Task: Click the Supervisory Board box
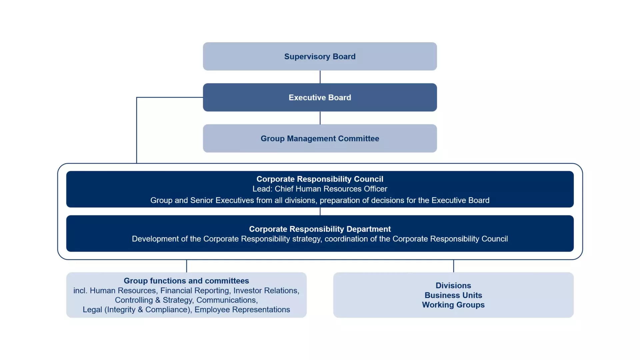point(320,56)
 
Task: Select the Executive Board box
point(320,97)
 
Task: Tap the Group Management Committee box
point(320,138)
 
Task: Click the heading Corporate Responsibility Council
point(320,179)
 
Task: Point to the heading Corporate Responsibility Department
point(320,229)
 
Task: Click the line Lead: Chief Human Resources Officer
point(320,189)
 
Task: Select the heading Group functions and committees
point(186,281)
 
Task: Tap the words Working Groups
point(453,305)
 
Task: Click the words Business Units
point(453,295)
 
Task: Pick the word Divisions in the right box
point(453,285)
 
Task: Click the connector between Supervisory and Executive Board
point(320,77)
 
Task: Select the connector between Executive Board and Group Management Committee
point(320,118)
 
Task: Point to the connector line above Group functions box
point(187,266)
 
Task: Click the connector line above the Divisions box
point(453,266)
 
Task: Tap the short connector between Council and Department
point(320,211)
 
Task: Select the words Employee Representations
point(242,309)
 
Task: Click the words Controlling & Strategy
point(153,300)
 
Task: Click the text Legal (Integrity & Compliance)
point(136,309)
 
